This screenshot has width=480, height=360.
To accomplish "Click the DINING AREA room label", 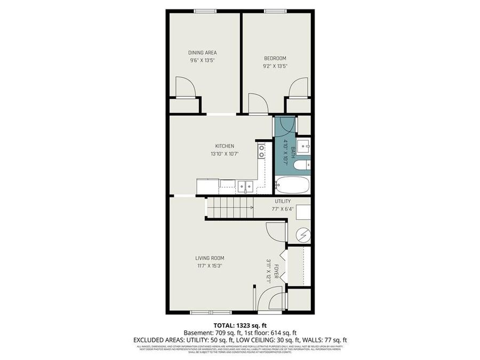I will coord(202,52).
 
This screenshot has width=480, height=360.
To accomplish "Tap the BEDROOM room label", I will coord(275,58).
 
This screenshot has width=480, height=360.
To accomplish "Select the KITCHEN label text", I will coord(224,146).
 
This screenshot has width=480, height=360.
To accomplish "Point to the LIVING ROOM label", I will coord(209,258).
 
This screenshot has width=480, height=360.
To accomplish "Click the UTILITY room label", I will coord(282,201).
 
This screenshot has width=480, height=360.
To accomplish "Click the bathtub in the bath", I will coord(292,185).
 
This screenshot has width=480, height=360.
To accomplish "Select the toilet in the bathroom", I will coord(301,165).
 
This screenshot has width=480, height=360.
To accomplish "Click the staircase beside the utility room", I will coord(229,207).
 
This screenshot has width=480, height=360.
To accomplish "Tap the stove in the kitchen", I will coord(261,151).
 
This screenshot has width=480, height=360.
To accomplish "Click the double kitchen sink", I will coord(245,186).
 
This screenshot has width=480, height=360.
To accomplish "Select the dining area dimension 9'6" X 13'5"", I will coord(202,60).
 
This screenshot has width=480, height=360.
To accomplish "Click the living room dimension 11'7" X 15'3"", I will coord(209,266).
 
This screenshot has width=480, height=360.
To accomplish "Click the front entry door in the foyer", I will coord(270,299).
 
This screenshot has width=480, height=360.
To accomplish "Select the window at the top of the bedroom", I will coord(275,11).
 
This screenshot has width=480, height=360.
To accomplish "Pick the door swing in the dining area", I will coord(186,87).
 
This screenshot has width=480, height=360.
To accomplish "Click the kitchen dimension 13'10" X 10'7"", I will coord(224,154).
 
